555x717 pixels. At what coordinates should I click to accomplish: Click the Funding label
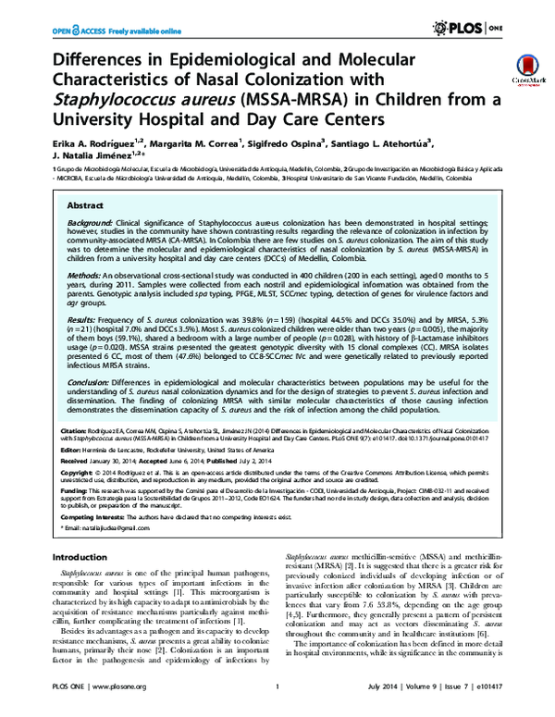[x=73, y=491]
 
